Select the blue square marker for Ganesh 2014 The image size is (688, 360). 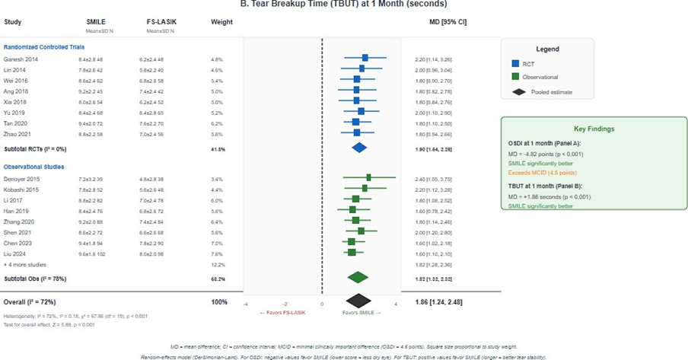pos(365,58)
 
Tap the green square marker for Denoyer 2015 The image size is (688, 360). pos(368,177)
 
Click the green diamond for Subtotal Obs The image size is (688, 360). pos(357,277)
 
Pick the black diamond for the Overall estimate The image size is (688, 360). pos(358,302)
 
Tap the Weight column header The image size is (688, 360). pos(221,21)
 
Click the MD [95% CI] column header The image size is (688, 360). pos(448,21)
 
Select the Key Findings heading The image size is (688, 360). pos(594,129)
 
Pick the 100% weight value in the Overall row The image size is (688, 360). pos(218,302)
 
